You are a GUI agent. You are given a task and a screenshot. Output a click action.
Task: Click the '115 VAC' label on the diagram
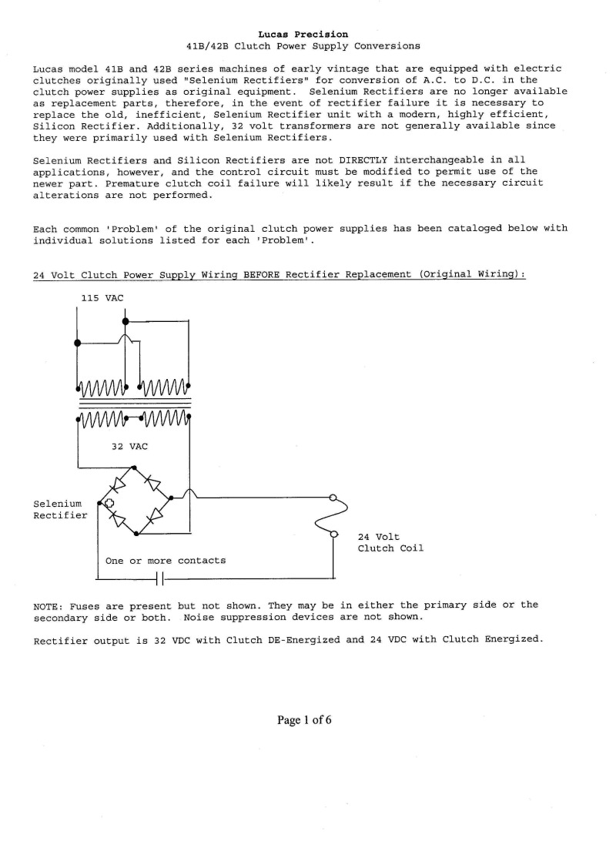[102, 297]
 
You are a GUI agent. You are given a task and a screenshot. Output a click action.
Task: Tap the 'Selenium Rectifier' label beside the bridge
[60, 509]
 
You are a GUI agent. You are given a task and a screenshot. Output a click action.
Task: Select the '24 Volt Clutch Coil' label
[390, 542]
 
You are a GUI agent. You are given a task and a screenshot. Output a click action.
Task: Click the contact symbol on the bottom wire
[161, 578]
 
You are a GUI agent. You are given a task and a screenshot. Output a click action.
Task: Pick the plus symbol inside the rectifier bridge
[109, 504]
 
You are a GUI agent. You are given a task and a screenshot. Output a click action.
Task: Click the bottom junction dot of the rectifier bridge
[136, 532]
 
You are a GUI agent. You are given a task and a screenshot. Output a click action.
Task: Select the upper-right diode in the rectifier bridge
[154, 483]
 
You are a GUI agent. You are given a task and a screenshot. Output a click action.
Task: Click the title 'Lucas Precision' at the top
[308, 34]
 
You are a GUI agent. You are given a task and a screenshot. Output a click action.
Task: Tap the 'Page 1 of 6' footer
[305, 720]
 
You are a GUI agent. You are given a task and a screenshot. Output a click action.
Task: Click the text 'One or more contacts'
[166, 561]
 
